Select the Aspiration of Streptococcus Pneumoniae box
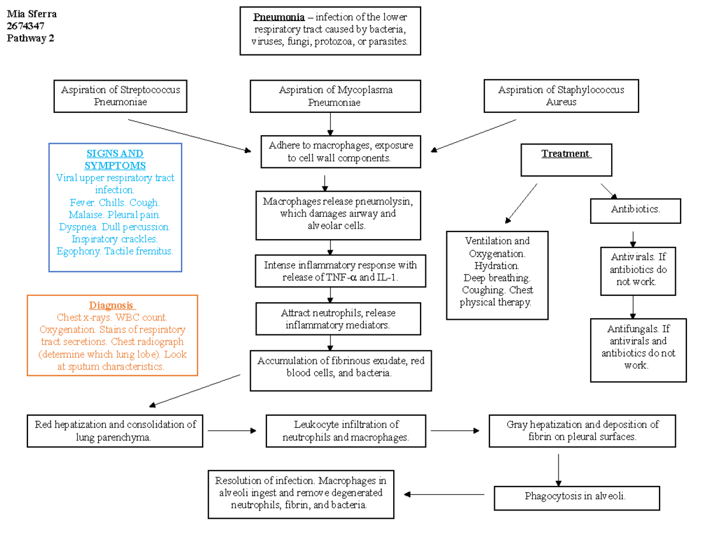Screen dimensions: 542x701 tap(120, 96)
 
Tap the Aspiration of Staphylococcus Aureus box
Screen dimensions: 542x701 tap(561, 96)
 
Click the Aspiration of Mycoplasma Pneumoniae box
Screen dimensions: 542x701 tap(335, 96)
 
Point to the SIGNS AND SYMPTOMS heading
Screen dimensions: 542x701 tap(115, 160)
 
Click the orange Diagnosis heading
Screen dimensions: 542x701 tap(112, 305)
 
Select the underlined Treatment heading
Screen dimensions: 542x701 tap(565, 154)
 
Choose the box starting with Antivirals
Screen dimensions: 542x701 tap(638, 270)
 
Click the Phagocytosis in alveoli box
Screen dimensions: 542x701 tap(576, 497)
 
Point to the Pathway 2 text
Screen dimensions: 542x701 tap(30, 39)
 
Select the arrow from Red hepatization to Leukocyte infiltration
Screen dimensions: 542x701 tap(232, 431)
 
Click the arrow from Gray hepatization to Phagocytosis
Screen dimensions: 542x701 tap(559, 470)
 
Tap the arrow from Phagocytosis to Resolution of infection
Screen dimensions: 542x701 tap(444, 495)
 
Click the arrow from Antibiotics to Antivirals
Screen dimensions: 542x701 tap(633, 239)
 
